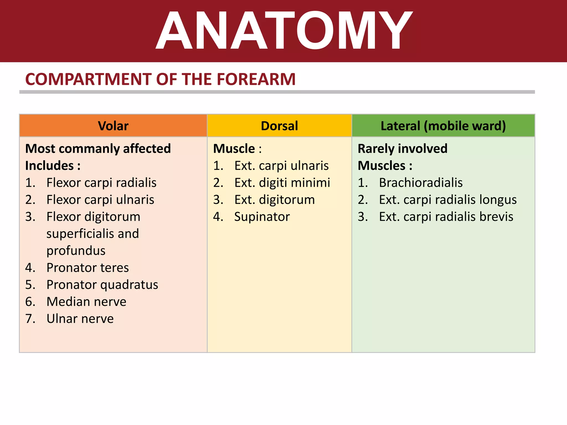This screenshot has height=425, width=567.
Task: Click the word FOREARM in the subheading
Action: [256, 79]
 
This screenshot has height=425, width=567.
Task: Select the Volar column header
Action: [113, 126]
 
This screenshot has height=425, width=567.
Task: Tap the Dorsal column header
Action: [279, 126]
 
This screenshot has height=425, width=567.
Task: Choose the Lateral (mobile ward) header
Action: [443, 126]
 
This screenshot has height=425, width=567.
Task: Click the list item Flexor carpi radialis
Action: [101, 183]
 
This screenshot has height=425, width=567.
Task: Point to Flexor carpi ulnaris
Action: [100, 200]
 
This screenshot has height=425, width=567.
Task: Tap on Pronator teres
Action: [87, 268]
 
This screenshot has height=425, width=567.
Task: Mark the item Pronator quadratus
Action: [102, 285]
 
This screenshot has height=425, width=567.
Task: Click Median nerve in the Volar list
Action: [86, 302]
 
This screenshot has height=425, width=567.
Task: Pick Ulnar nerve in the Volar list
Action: [80, 319]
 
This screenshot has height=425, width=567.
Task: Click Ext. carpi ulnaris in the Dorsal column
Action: [281, 166]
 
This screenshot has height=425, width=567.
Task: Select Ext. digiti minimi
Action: [282, 183]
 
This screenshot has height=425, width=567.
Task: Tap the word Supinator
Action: [262, 217]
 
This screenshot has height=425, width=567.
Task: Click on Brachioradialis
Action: [421, 183]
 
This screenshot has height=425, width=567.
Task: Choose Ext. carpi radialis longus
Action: [448, 200]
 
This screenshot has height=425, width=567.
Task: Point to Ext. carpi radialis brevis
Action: [446, 217]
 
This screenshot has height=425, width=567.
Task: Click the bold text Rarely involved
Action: [402, 149]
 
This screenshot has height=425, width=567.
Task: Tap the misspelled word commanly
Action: [90, 149]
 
